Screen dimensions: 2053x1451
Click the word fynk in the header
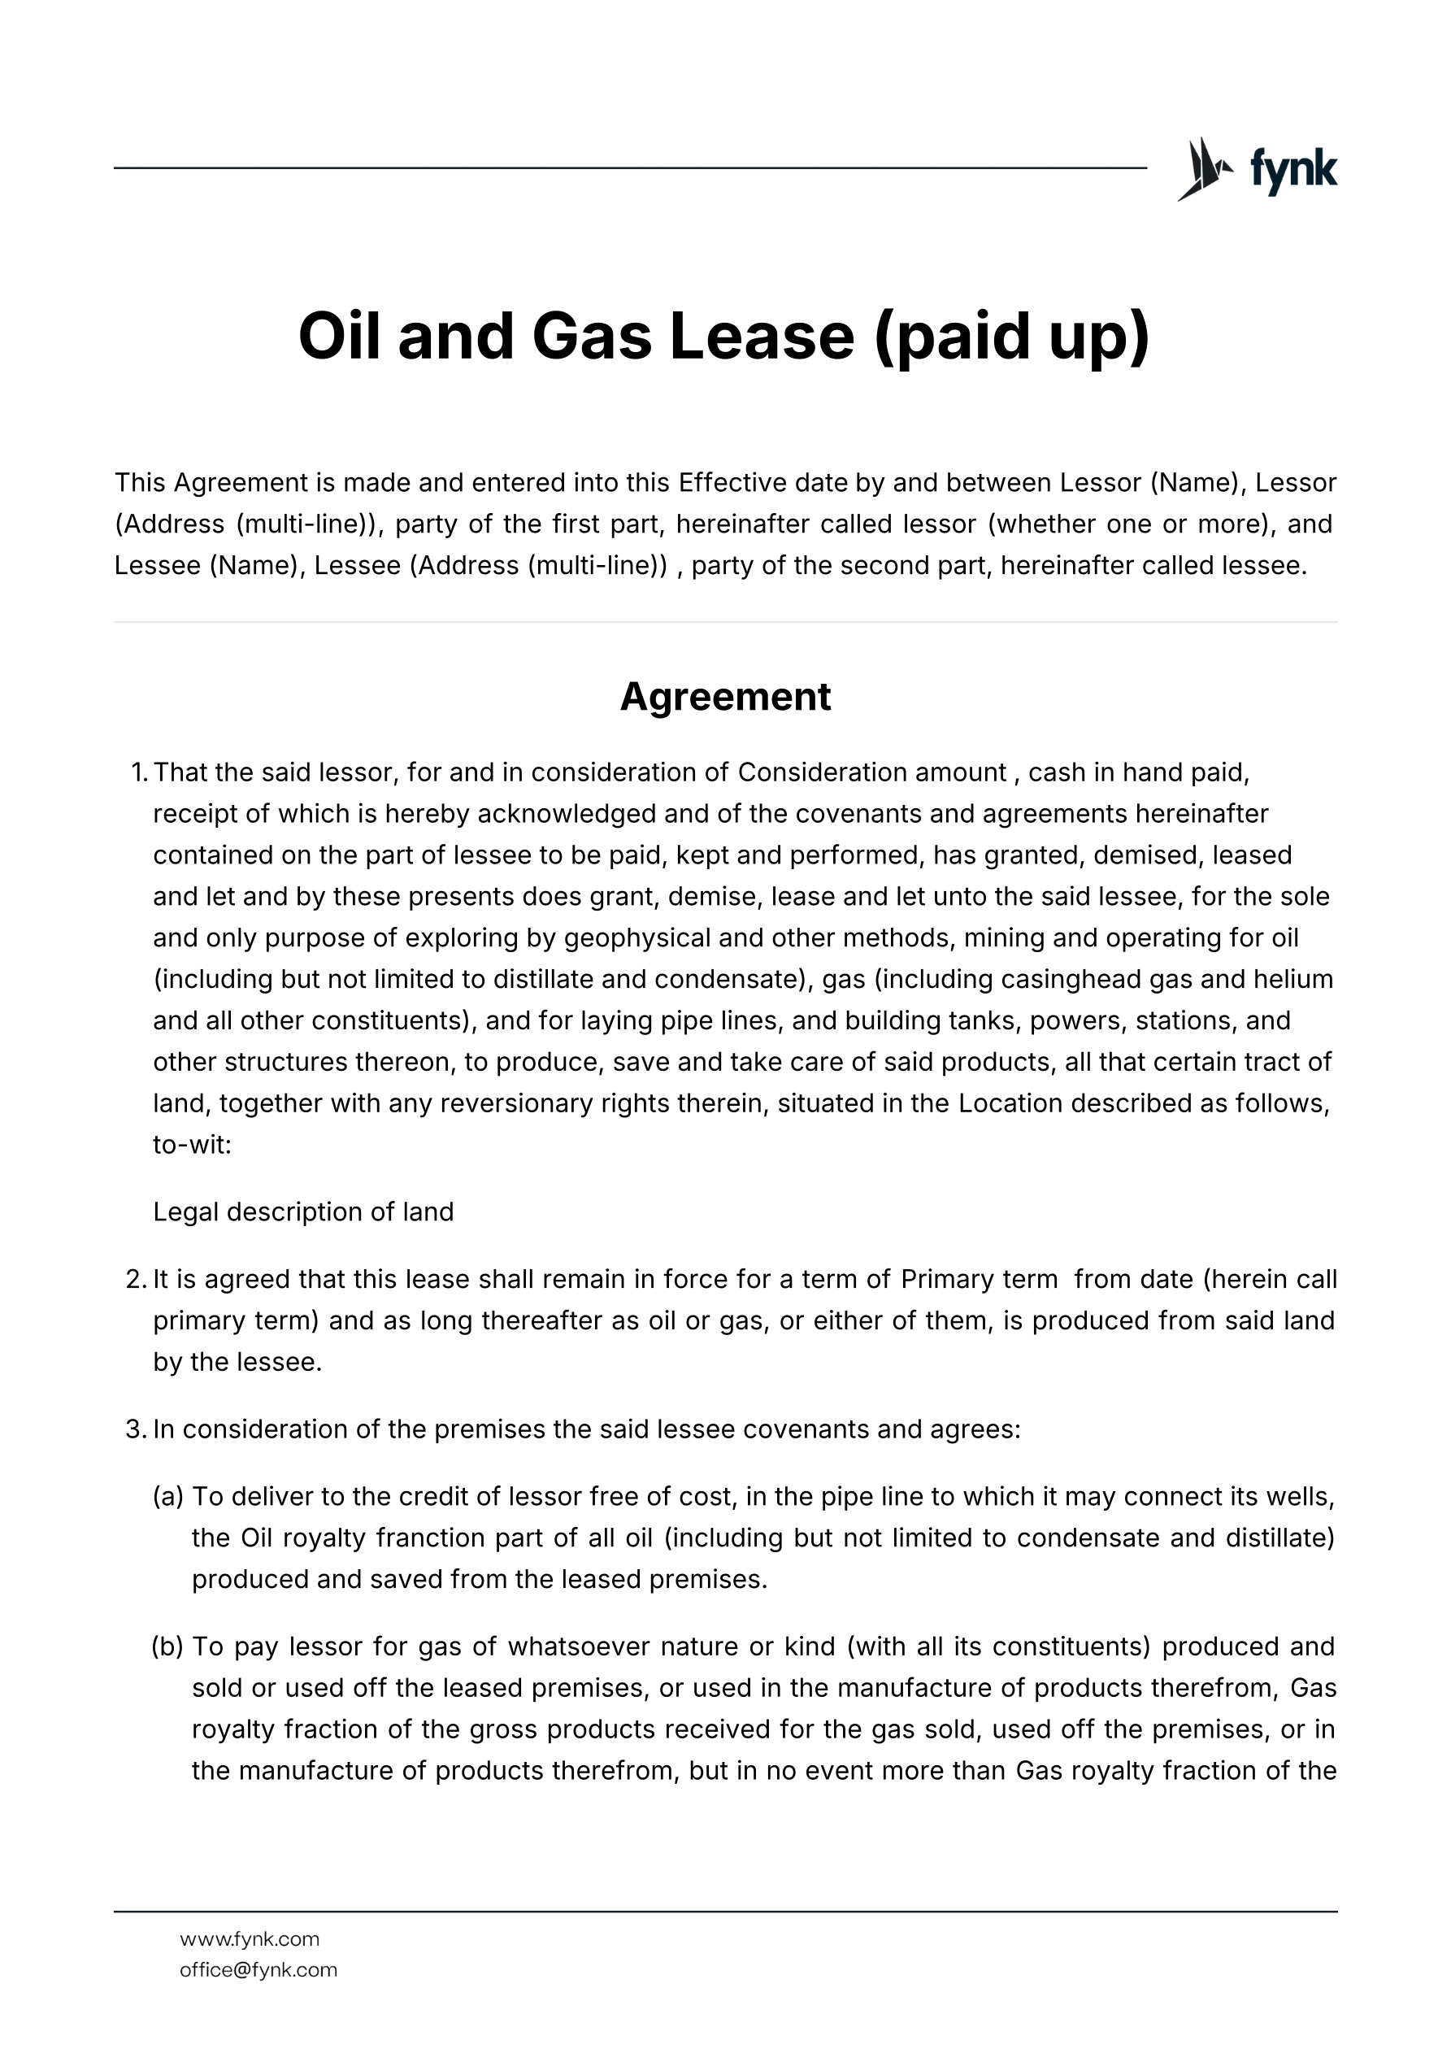pos(1292,169)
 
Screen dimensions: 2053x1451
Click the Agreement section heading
pos(725,697)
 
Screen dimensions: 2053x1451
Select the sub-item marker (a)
pos(168,1497)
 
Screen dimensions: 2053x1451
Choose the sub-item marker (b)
pos(168,1646)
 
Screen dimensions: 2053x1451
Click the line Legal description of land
pos(303,1211)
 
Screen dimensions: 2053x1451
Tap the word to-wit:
pos(192,1145)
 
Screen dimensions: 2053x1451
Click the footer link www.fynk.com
pos(250,1938)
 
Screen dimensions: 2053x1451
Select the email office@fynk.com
pos(258,1970)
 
